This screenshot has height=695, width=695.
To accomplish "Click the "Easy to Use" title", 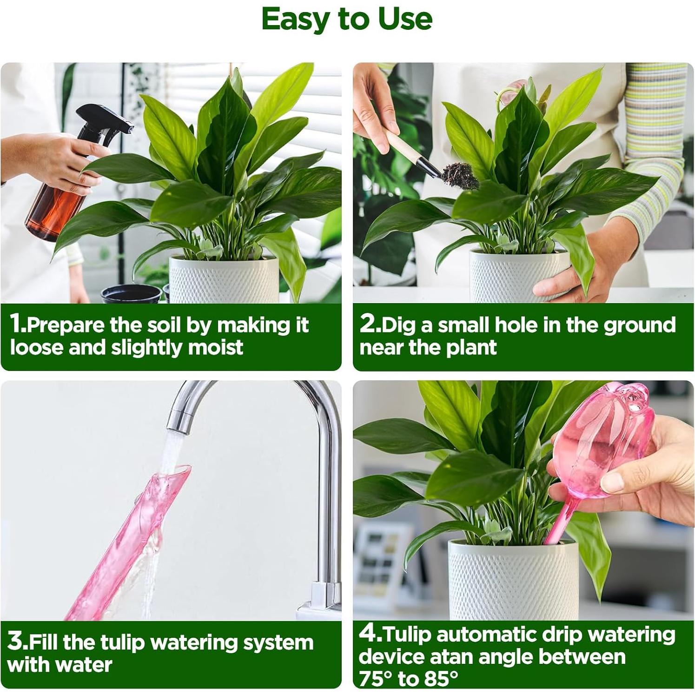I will tap(347, 20).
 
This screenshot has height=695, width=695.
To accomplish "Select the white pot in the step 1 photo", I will tap(223, 279).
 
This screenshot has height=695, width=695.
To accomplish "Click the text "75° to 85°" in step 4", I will tap(408, 678).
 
